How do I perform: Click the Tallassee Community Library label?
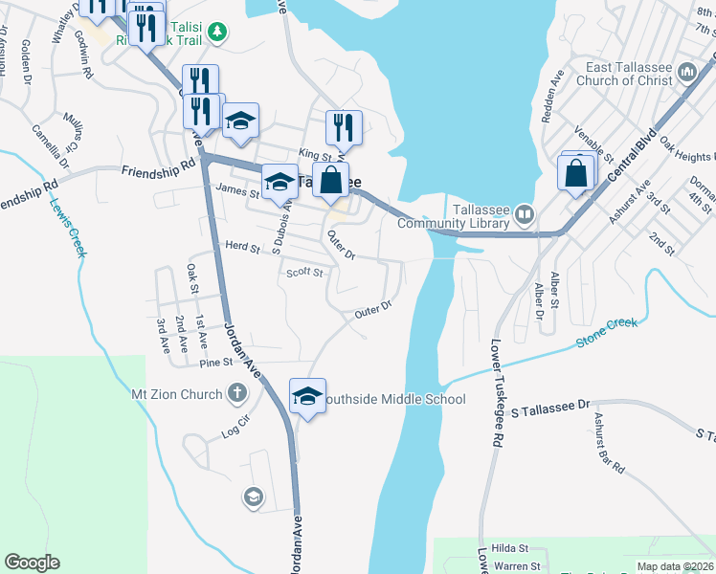(452, 216)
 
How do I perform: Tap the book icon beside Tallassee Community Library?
(524, 215)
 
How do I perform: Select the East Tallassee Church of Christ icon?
(686, 73)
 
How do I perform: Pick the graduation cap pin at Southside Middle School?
(305, 395)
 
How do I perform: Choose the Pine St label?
(216, 363)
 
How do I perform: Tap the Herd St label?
(241, 246)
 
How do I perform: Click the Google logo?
(32, 563)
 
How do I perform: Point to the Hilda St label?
(509, 548)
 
